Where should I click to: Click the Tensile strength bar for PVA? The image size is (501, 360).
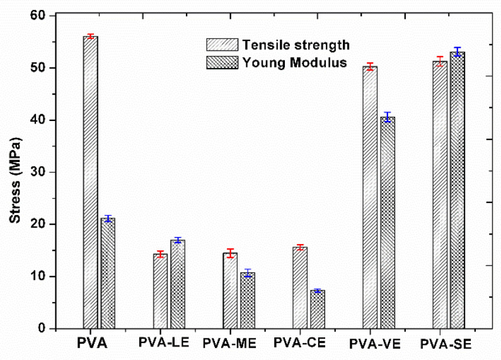click(x=91, y=183)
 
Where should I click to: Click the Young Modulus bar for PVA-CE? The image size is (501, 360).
click(x=318, y=310)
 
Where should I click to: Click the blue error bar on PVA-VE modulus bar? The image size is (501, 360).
click(x=388, y=117)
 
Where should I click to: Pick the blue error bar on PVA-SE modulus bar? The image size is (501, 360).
click(x=458, y=52)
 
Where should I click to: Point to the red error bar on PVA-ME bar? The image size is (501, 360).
click(x=231, y=253)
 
